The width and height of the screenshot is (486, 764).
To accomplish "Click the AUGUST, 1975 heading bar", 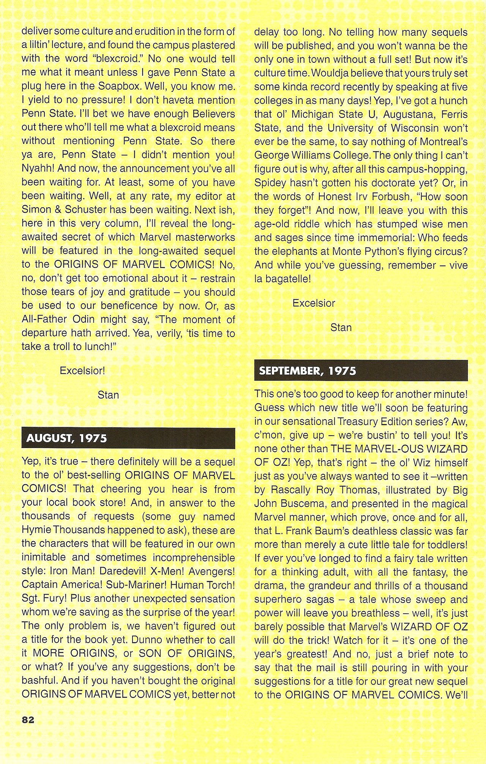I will pos(128,438).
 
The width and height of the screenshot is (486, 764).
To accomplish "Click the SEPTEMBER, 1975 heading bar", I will pos(361,371).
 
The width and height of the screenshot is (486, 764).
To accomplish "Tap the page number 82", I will pos(28,720).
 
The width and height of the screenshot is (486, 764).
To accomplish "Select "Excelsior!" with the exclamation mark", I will pos(82,371).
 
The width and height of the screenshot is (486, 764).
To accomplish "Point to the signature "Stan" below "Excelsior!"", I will pos(108,395).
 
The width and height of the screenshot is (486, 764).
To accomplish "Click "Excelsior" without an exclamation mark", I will pos(314,303).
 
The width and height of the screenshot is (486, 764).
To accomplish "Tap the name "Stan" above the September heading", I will pos(341,327).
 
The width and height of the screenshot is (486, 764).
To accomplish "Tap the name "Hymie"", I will pos(36,530).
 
